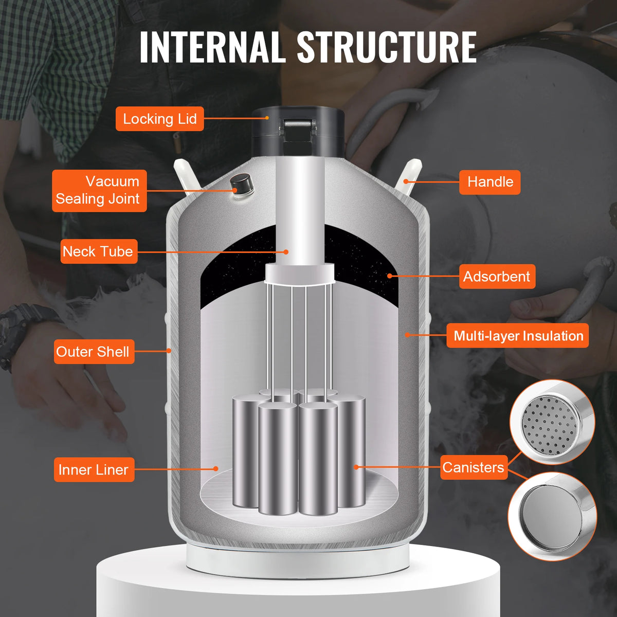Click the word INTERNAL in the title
coord(212,47)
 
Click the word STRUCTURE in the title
coord(387,47)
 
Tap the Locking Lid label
coord(159,119)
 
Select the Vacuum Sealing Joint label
coord(99,190)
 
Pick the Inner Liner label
coord(94,469)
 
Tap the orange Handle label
coord(489,182)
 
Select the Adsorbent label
coord(497,277)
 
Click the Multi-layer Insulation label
coord(517,336)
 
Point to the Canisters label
coord(473,467)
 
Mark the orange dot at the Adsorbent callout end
coord(390,276)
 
